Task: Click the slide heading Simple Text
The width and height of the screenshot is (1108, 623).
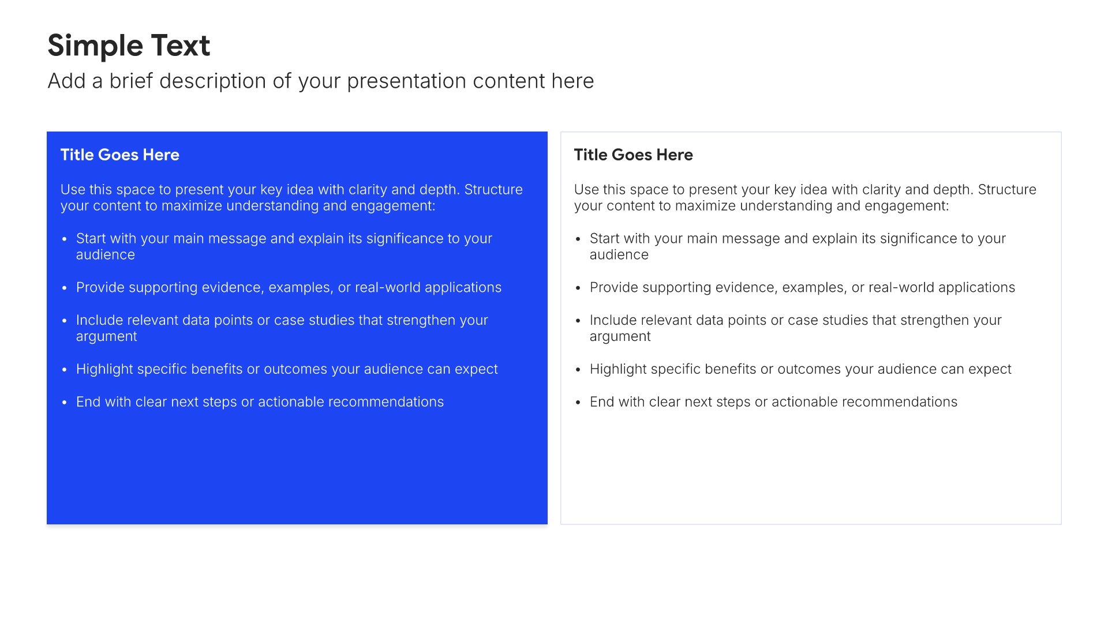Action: [129, 46]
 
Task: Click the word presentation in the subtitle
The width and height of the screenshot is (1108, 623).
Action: [407, 81]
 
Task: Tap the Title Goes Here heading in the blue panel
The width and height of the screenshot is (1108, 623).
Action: [120, 155]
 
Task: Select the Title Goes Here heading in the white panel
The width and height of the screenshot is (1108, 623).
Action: [634, 155]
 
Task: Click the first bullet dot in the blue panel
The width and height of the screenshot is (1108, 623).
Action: [65, 239]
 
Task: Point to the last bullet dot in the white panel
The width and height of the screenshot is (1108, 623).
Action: [578, 403]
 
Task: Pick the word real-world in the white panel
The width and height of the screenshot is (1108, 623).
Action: [901, 287]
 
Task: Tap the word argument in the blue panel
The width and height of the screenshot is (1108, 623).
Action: [107, 337]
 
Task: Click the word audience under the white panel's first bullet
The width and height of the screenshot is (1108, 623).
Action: [619, 255]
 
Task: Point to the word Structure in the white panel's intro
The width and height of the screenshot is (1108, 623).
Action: [1007, 189]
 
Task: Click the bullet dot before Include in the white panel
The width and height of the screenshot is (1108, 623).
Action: [578, 321]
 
